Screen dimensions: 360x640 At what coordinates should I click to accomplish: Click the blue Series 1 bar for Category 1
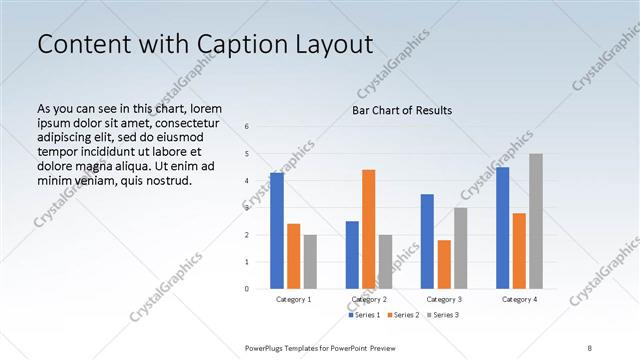point(276,231)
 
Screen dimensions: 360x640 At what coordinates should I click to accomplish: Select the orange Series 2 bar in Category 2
point(369,229)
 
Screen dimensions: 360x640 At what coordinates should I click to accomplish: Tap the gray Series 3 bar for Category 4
point(536,221)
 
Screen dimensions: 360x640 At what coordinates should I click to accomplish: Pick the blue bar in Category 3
point(427,241)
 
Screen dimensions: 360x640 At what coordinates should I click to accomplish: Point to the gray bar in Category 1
point(310,262)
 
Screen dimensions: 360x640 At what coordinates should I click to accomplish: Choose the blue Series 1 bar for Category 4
point(502,228)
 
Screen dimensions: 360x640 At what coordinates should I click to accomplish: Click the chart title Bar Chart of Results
point(402,110)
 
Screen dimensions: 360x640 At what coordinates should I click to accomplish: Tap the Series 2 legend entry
point(403,315)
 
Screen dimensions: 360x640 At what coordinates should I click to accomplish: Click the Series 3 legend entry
point(443,315)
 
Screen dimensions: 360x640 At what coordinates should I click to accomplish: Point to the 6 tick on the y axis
point(247,127)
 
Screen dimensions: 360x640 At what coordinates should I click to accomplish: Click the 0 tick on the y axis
point(247,289)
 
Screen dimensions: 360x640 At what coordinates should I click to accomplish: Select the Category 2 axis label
point(369,299)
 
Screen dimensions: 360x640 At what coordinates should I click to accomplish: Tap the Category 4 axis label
point(519,299)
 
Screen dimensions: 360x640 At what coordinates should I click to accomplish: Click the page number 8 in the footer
point(589,346)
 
